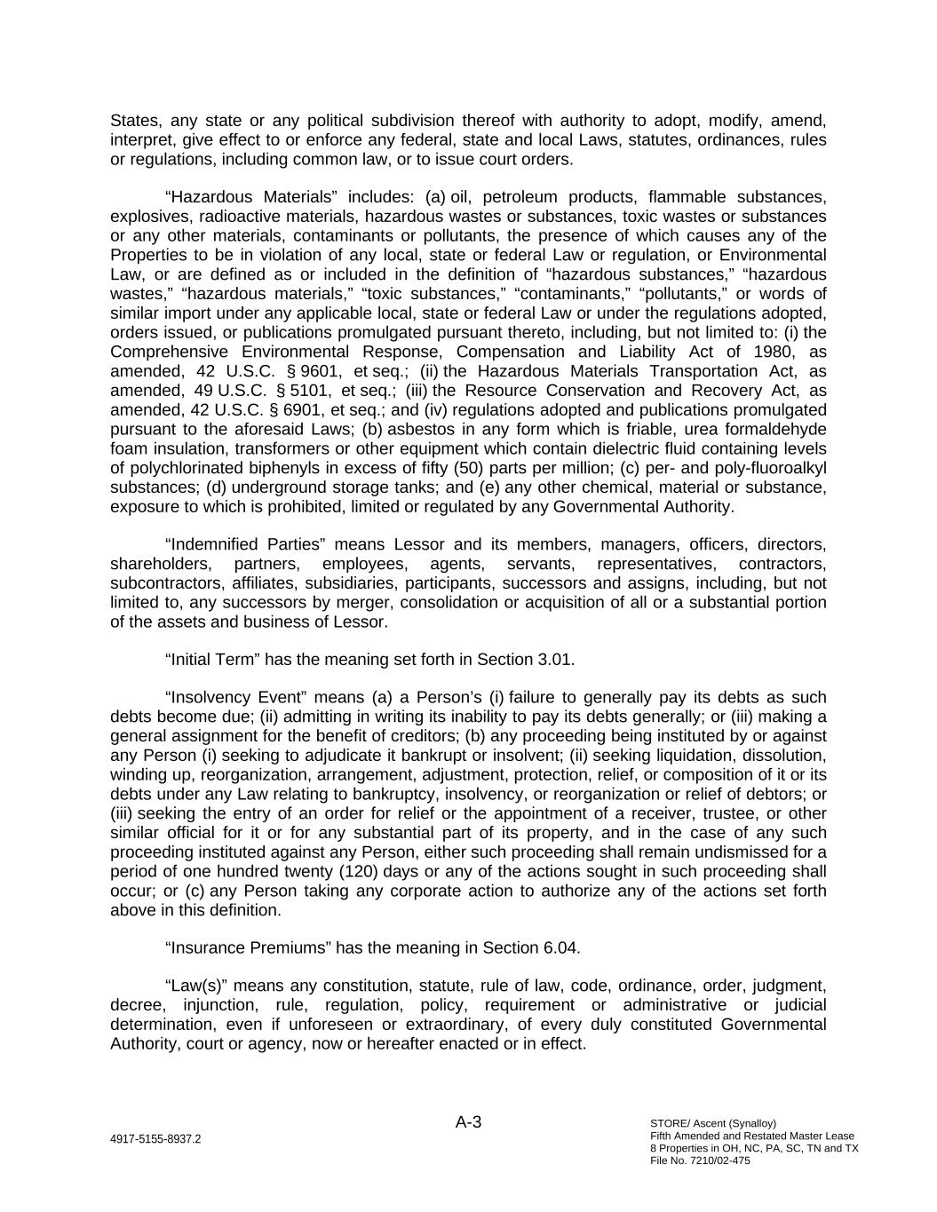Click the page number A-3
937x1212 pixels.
click(468, 1122)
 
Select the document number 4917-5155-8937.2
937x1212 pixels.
click(155, 1139)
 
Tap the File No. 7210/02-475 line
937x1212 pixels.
click(700, 1161)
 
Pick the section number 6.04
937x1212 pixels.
click(560, 947)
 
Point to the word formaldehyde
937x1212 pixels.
click(774, 430)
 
